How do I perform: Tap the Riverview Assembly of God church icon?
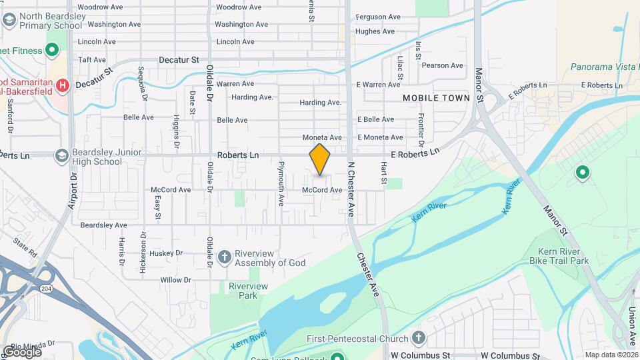pyautogui.click(x=225, y=256)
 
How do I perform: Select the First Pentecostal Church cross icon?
pyautogui.click(x=419, y=337)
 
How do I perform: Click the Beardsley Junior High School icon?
pyautogui.click(x=62, y=156)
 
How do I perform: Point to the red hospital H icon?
pyautogui.click(x=62, y=85)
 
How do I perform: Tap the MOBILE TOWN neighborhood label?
pyautogui.click(x=437, y=98)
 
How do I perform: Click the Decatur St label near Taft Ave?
pyautogui.click(x=179, y=59)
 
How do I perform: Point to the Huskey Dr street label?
pyautogui.click(x=166, y=253)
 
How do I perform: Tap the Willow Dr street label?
pyautogui.click(x=175, y=279)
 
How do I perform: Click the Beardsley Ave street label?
pyautogui.click(x=103, y=225)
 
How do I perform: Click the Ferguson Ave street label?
pyautogui.click(x=378, y=17)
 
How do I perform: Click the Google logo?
pyautogui.click(x=22, y=351)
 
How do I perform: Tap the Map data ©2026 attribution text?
pyautogui.click(x=611, y=355)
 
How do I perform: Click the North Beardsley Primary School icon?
pyautogui.click(x=9, y=20)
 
